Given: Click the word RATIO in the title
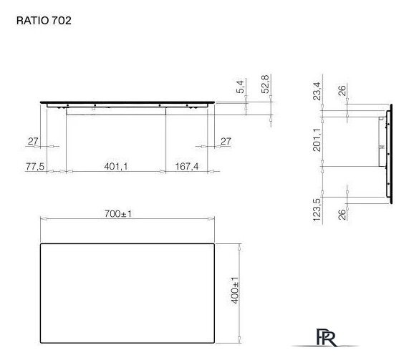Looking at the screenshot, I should click(32, 21).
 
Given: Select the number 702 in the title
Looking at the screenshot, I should click(62, 21).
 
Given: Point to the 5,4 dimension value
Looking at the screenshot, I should click(241, 87).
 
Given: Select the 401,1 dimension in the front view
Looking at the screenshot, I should click(115, 166).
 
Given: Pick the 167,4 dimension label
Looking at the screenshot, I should click(186, 166).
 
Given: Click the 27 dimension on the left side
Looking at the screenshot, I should click(32, 142).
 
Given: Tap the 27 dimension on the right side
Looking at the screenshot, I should click(226, 142).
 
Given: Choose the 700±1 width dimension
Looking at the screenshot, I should click(127, 214).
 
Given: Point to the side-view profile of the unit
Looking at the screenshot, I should click(388, 153).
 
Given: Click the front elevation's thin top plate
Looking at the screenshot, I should click(127, 102).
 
